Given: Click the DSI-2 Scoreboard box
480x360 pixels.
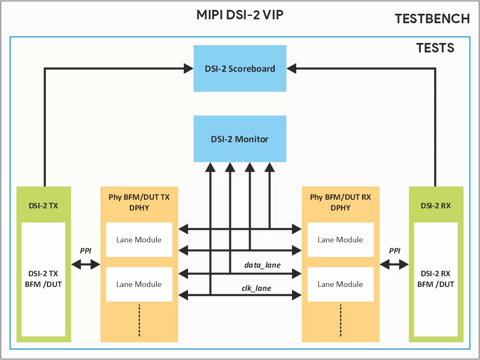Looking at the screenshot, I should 240,68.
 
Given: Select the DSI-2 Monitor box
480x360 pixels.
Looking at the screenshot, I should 240,139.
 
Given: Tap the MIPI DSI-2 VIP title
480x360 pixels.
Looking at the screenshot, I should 240,15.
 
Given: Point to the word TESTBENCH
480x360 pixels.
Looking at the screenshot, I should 432,18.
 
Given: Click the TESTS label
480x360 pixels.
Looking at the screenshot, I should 435,47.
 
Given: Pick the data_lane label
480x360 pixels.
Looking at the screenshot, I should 262,265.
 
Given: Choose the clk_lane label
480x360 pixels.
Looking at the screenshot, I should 256,288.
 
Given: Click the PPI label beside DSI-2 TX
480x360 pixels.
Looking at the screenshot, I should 86,250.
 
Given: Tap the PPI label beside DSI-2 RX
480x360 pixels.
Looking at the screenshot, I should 394,250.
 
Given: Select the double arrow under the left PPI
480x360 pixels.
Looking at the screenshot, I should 86,265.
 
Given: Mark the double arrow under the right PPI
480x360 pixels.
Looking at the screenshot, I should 394,265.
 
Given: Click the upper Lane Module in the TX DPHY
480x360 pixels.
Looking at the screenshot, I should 139,240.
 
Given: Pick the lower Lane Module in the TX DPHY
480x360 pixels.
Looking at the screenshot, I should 139,284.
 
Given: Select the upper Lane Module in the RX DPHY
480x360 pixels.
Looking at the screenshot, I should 340,240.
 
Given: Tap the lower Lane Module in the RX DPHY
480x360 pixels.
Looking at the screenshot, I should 340,284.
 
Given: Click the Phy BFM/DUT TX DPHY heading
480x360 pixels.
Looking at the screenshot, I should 139,202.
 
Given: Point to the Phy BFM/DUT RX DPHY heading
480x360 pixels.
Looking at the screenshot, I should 340,202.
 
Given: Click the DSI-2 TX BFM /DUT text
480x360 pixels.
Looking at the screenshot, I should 43,278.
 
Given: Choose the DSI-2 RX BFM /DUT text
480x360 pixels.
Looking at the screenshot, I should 436,278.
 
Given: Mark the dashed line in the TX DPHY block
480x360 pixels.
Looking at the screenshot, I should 139,320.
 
